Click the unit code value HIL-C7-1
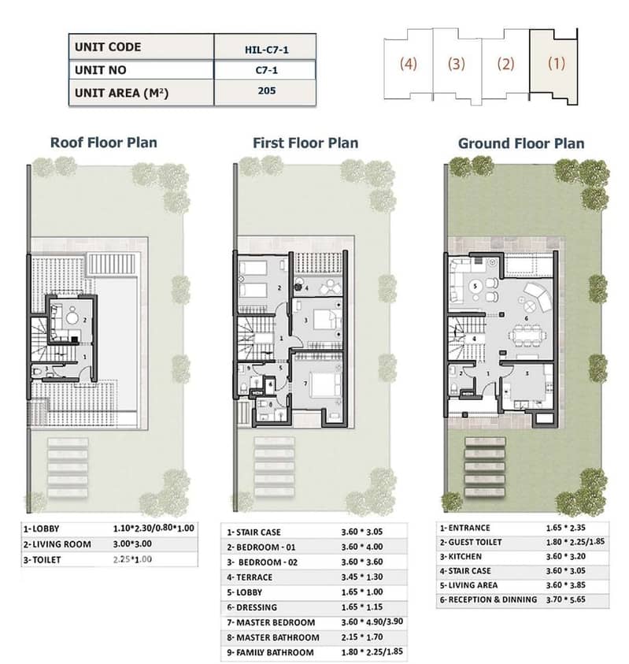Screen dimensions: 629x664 coord(266,50)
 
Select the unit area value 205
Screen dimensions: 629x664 coord(266,91)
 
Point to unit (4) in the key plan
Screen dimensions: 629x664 coord(409,65)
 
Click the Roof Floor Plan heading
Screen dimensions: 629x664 coord(104,143)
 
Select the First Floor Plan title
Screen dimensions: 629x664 coord(305,143)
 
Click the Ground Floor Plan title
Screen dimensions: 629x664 coord(521,143)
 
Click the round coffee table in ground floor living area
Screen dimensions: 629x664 coord(475,286)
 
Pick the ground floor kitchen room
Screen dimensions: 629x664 coord(527,386)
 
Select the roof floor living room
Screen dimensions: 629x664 coord(72,320)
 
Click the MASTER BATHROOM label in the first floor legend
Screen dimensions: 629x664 coord(273,637)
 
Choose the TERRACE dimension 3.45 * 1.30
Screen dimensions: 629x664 coord(362,577)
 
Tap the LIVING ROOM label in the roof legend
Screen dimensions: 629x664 coord(57,544)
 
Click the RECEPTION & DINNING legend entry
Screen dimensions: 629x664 coord(488,599)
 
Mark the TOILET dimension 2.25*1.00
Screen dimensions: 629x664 coord(132,559)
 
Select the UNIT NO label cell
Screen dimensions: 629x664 coord(141,70)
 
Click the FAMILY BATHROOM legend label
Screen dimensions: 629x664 coord(271,652)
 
